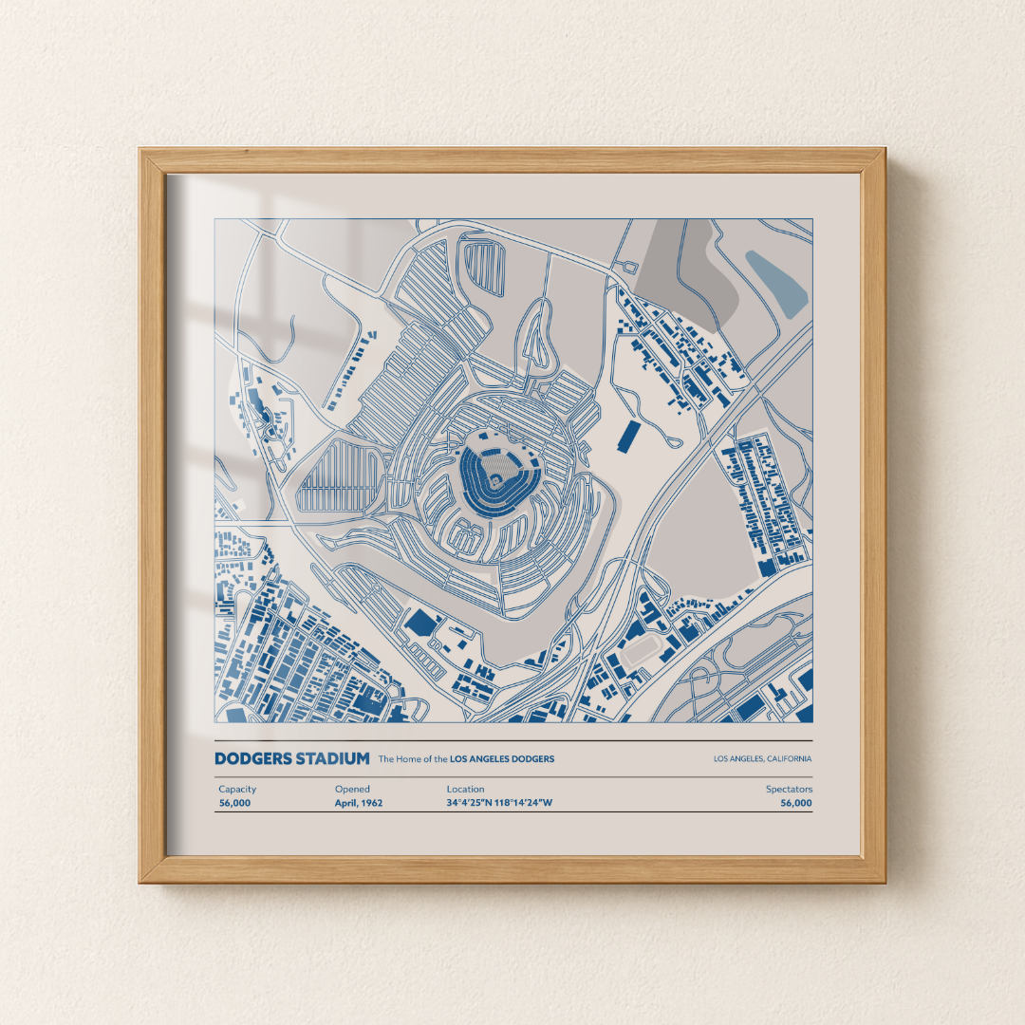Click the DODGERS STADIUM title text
(291, 758)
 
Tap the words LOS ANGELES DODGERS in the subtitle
(502, 759)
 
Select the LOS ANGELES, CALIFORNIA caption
(762, 759)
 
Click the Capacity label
(237, 789)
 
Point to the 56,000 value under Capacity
(234, 803)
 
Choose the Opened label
(352, 789)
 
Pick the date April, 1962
(359, 803)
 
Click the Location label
(465, 789)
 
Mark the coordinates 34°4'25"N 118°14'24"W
(499, 803)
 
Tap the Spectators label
(789, 789)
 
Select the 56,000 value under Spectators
(796, 803)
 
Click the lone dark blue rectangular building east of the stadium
(628, 437)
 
